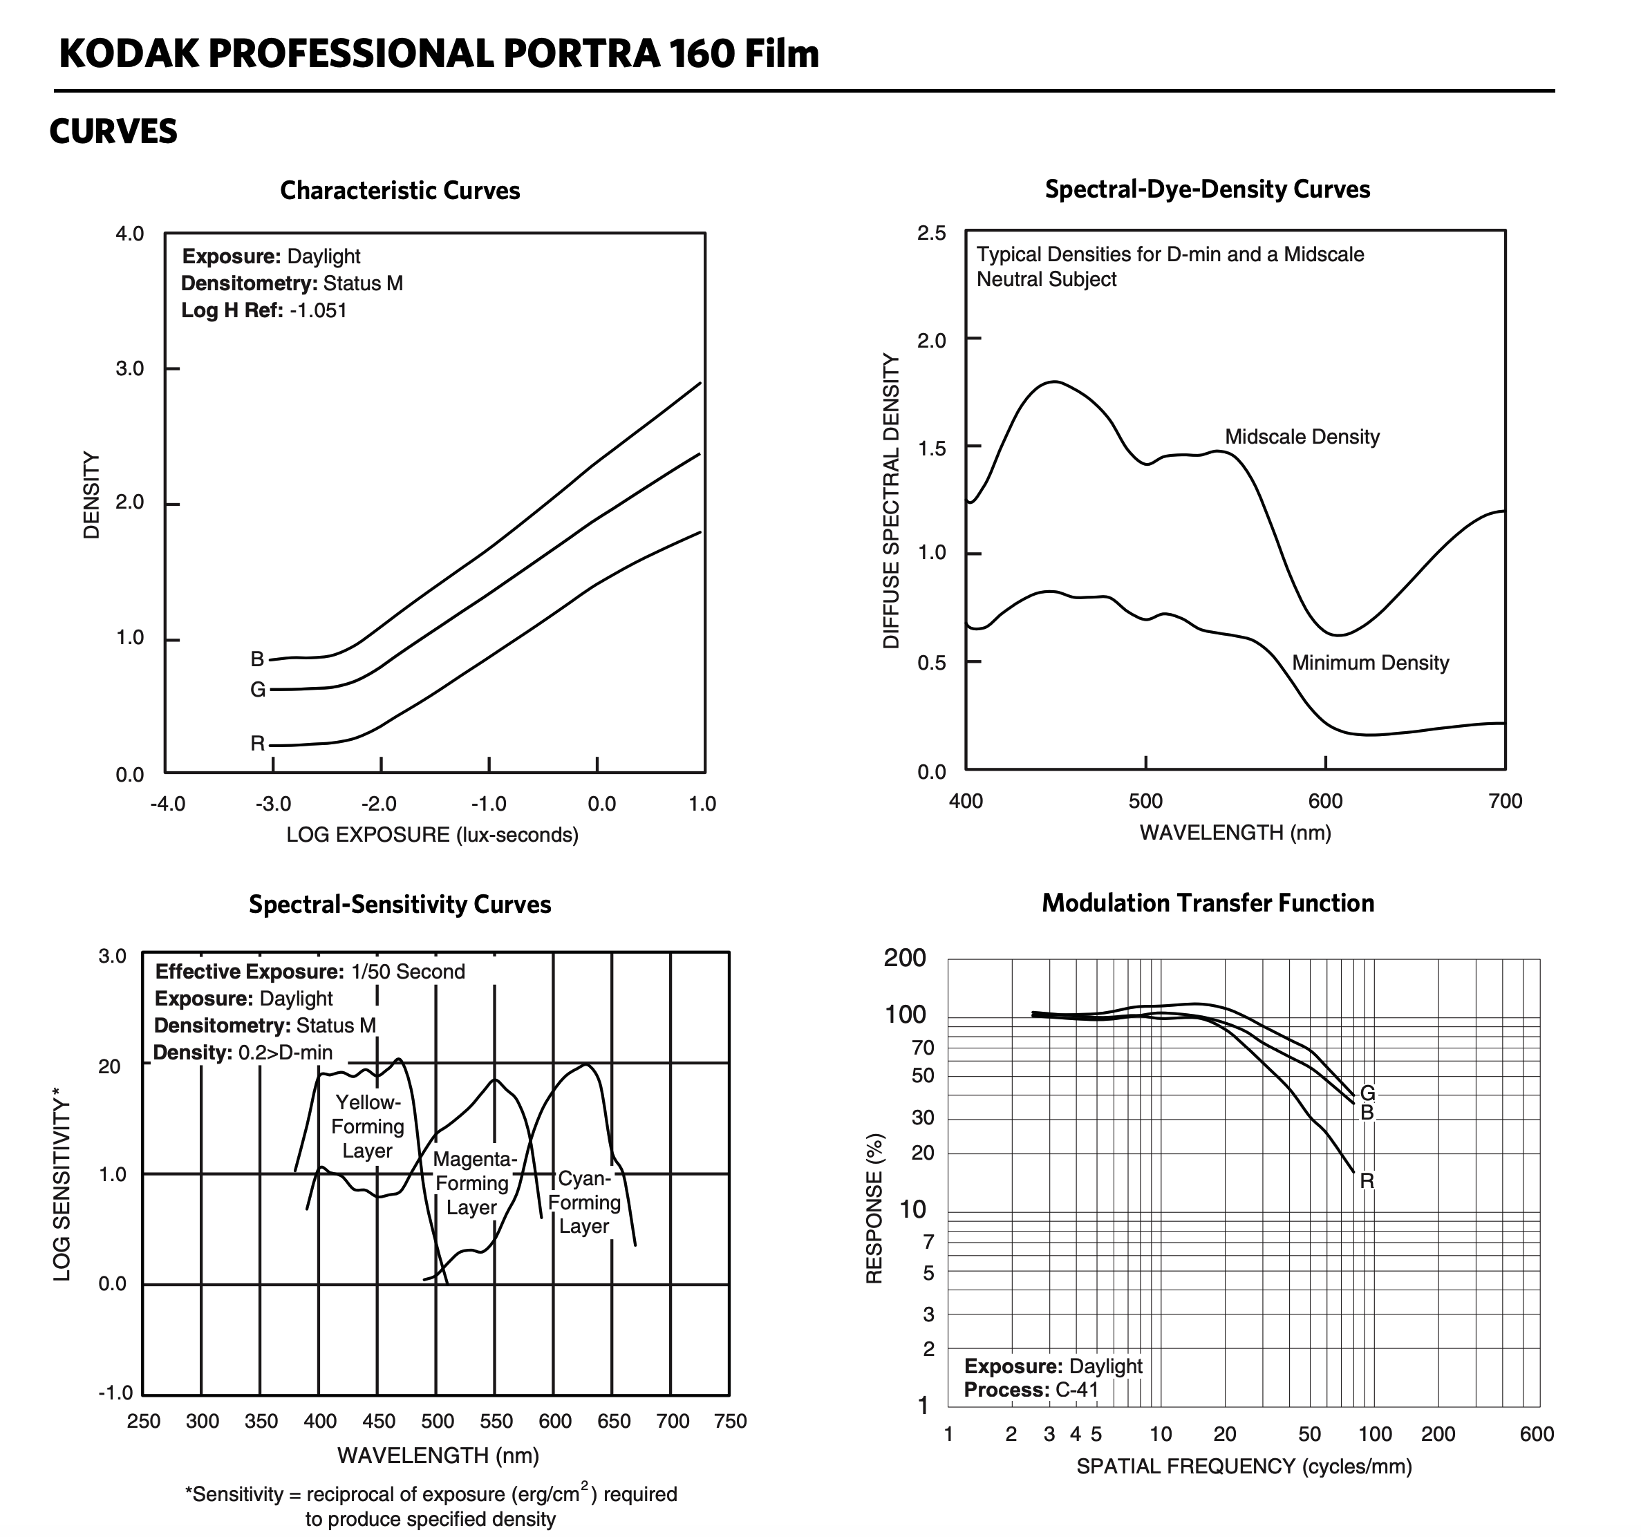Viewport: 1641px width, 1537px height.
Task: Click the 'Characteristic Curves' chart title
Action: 400,191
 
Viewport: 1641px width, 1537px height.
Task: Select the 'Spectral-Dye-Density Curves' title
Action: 1207,189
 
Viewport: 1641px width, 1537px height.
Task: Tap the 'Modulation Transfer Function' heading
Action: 1208,903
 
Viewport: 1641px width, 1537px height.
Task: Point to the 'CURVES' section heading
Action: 113,132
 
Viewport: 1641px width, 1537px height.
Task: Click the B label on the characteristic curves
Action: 258,659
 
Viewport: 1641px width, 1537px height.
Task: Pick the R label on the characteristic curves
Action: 258,744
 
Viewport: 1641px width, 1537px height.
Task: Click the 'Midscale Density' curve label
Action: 1302,437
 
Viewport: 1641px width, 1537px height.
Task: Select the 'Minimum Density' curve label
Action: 1370,663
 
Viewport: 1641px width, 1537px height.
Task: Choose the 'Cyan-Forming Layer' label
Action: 583,1202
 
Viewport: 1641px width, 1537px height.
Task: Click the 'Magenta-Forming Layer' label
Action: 473,1183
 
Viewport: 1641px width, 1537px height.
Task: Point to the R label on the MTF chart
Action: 1367,1181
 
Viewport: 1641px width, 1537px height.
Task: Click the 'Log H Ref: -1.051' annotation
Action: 264,310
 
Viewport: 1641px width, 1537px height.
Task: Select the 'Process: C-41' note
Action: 1031,1390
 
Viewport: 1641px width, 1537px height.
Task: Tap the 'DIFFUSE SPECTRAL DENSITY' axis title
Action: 891,501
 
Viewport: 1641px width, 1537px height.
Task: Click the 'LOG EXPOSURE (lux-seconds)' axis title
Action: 432,835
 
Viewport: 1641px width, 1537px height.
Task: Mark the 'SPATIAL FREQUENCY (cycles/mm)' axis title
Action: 1244,1466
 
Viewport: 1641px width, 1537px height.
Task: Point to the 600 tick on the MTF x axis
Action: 1536,1434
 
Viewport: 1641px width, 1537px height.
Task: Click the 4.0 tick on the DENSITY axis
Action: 129,234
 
